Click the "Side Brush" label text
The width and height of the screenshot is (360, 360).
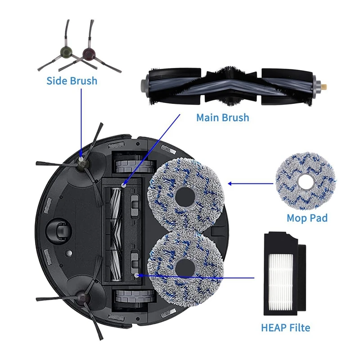coord(72,81)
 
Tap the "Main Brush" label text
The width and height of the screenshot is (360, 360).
coord(222,117)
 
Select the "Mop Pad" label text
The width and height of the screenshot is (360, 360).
coord(307,218)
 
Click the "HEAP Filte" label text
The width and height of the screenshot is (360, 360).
coord(285,328)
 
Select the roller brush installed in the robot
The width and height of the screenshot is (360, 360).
coord(117,230)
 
